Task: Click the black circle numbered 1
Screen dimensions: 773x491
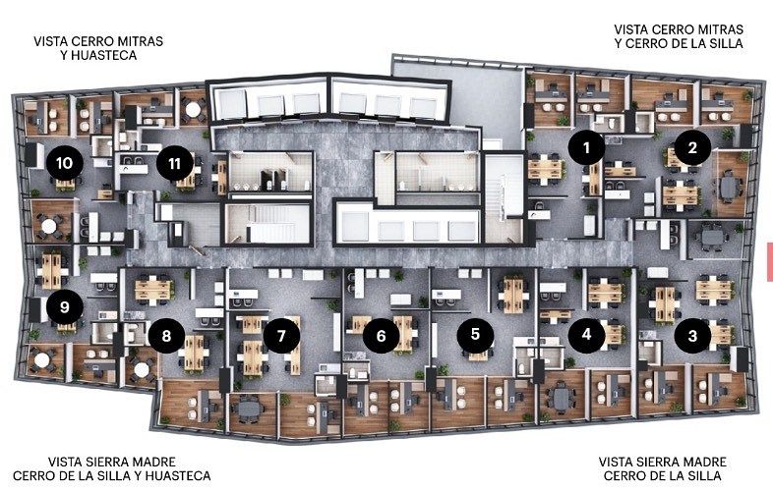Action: pyautogui.click(x=587, y=147)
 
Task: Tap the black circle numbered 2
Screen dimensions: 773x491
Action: pyautogui.click(x=692, y=147)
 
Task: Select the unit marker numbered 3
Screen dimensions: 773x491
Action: pyautogui.click(x=692, y=336)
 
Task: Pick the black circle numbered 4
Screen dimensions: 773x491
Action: pyautogui.click(x=587, y=335)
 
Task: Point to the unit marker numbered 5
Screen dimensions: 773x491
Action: pyautogui.click(x=475, y=335)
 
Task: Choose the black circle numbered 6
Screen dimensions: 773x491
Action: pyautogui.click(x=381, y=336)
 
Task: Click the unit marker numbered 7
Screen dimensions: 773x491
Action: pyautogui.click(x=281, y=336)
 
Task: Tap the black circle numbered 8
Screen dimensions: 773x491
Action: pyautogui.click(x=166, y=336)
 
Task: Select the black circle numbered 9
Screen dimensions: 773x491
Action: pyautogui.click(x=65, y=306)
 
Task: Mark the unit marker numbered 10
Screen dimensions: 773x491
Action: pyautogui.click(x=65, y=162)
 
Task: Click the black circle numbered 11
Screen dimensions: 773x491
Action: pyautogui.click(x=174, y=163)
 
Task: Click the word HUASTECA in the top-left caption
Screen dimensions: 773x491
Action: pyautogui.click(x=104, y=55)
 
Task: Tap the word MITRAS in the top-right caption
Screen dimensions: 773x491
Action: pyautogui.click(x=718, y=29)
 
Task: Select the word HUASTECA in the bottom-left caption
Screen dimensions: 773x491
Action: pyautogui.click(x=178, y=475)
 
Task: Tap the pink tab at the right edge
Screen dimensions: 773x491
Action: pyautogui.click(x=769, y=261)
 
